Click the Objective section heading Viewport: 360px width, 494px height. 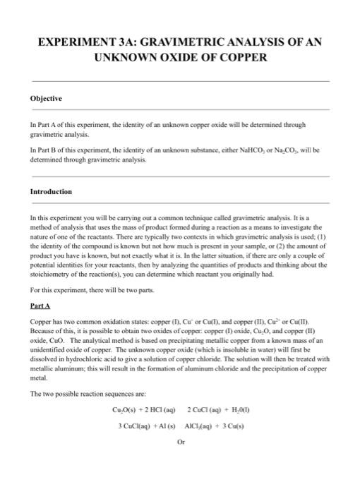(x=46, y=98)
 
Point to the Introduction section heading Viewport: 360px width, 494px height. (x=51, y=191)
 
